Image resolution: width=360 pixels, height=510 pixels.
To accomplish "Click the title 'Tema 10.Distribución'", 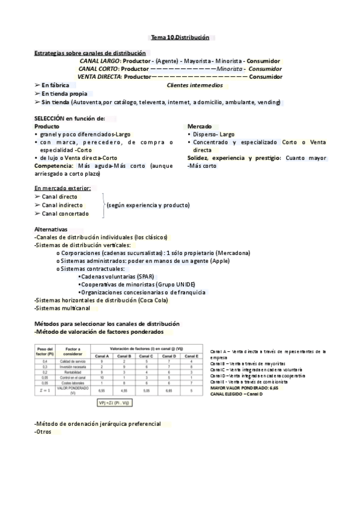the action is (x=180, y=37).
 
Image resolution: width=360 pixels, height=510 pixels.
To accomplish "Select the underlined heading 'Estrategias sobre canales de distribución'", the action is (x=90, y=53).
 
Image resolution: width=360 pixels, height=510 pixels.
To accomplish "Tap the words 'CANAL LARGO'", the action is (x=99, y=61).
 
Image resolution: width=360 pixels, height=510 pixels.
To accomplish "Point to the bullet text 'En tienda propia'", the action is (x=64, y=94).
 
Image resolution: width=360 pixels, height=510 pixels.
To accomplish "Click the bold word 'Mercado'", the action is (x=200, y=126).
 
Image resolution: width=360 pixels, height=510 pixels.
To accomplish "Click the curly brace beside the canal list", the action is (x=103, y=204).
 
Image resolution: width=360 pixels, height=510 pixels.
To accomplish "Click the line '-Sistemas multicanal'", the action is (x=62, y=309).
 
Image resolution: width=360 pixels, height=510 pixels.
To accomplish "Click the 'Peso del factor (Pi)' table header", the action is (x=46, y=351).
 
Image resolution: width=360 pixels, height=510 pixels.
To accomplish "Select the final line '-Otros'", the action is (x=43, y=431).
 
